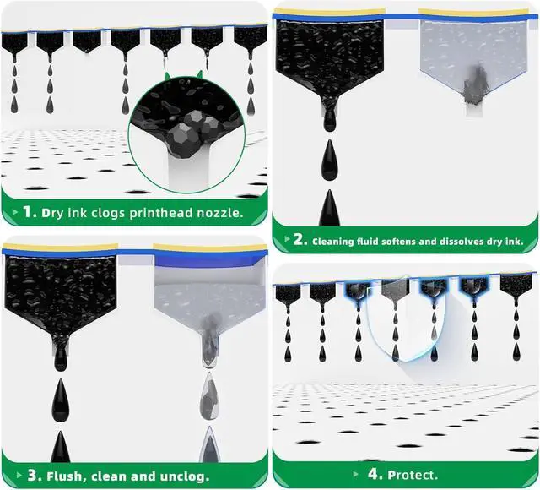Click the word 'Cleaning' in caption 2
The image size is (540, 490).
click(x=337, y=241)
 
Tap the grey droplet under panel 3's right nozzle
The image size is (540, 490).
click(x=209, y=393)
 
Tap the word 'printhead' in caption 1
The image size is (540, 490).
click(x=165, y=213)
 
